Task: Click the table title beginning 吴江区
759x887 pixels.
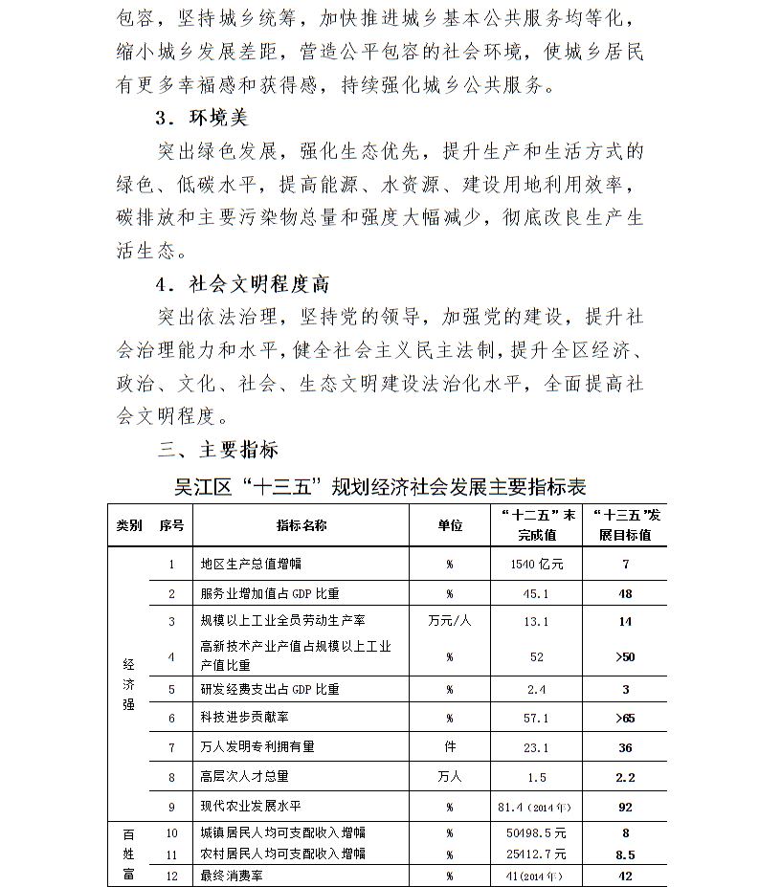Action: [x=380, y=487]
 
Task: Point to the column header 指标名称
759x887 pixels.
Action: [x=301, y=525]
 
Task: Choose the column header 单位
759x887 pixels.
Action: [x=449, y=525]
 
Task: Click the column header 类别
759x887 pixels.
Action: [x=129, y=525]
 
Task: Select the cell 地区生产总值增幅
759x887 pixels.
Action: [x=251, y=565]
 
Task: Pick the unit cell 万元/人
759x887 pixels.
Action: [x=449, y=622]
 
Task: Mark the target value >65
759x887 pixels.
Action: [x=625, y=718]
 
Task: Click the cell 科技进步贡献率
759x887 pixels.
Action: [x=244, y=718]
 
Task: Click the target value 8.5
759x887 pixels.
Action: [x=625, y=854]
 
